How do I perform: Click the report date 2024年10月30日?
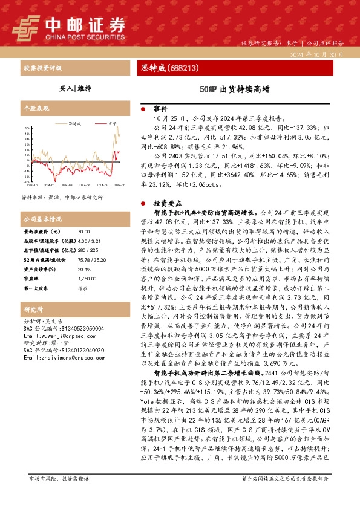pyautogui.click(x=316, y=54)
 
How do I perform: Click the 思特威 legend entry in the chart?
pyautogui.click(x=75, y=123)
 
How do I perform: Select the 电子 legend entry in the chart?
pyautogui.click(x=112, y=123)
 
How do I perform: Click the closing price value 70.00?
pyautogui.click(x=84, y=232)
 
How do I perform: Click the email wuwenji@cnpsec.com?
pyautogui.click(x=58, y=336)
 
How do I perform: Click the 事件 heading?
pyautogui.click(x=160, y=109)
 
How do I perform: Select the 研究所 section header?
pyautogui.click(x=32, y=308)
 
